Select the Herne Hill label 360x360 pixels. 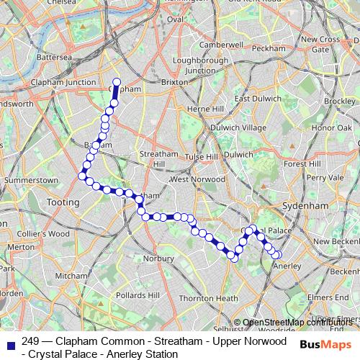[x=204, y=108]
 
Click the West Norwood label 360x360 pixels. [x=193, y=179]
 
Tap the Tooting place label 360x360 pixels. [x=63, y=203]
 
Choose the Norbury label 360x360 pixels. [x=159, y=257]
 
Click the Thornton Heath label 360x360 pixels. [x=208, y=298]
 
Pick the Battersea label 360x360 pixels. [x=55, y=56]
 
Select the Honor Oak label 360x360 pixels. [x=330, y=127]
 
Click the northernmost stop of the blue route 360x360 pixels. [x=117, y=82]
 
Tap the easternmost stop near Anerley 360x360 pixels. [x=276, y=255]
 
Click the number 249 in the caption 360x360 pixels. [x=31, y=341]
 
